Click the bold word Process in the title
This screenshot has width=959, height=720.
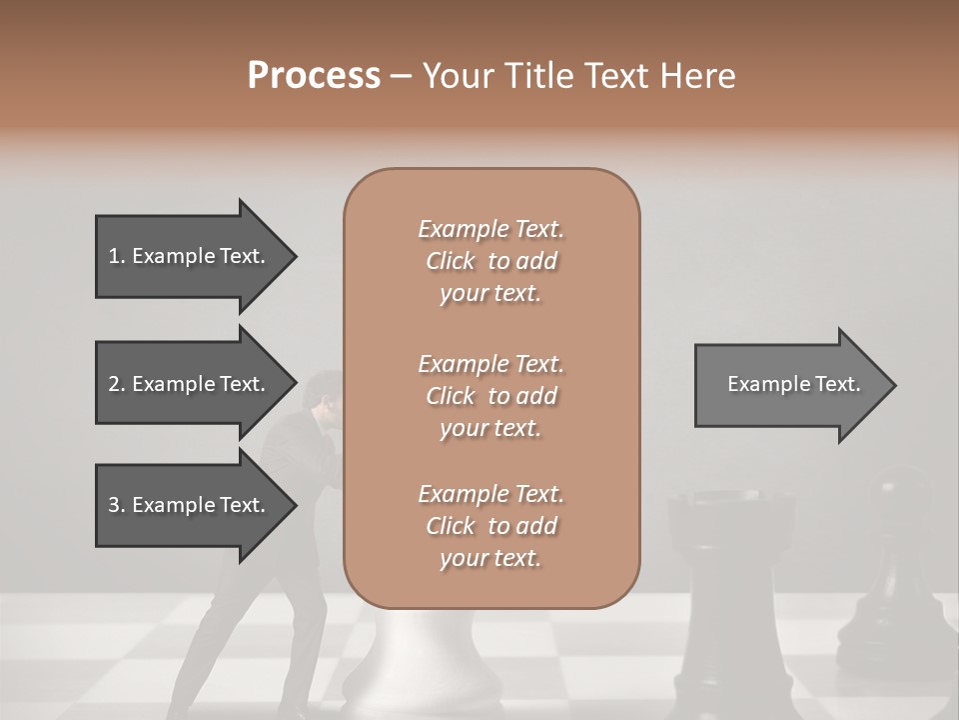tap(314, 75)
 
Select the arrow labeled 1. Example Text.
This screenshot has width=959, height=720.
tap(190, 256)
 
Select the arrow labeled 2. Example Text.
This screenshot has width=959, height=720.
tap(190, 384)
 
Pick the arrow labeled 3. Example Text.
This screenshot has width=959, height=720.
tap(190, 505)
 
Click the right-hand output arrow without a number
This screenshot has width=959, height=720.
tap(789, 384)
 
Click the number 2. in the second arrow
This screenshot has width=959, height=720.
tap(117, 384)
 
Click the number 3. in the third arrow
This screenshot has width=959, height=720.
tap(117, 505)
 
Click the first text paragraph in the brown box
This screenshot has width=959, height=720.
tap(490, 261)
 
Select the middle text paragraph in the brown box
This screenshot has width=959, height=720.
tap(490, 396)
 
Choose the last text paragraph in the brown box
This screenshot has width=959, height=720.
tap(490, 526)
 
